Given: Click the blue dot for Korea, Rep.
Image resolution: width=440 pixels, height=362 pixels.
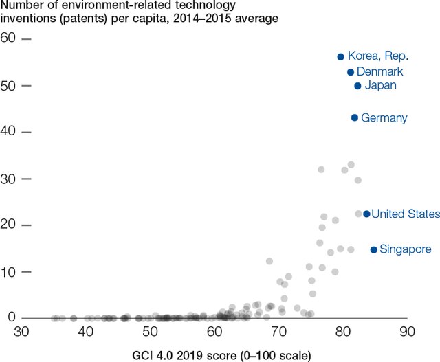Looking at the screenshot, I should click(340, 56).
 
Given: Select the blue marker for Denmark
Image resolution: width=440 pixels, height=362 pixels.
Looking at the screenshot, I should click(350, 72).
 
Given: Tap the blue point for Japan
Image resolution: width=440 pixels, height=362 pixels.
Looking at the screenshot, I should click(357, 86).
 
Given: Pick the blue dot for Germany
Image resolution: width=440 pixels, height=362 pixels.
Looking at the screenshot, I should click(355, 118).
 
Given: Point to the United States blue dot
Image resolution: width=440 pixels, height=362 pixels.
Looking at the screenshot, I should click(366, 214).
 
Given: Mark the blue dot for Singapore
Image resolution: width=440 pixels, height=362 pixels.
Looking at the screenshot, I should click(374, 249).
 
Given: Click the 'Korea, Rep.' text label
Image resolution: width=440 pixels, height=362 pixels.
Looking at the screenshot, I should click(378, 56).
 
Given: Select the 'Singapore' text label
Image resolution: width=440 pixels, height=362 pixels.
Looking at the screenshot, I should click(406, 249).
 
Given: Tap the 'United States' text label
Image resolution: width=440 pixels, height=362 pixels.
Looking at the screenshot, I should click(405, 214).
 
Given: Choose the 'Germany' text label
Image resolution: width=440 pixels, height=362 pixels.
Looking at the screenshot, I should click(384, 118).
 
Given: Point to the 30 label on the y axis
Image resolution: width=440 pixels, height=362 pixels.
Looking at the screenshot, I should click(8, 179).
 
